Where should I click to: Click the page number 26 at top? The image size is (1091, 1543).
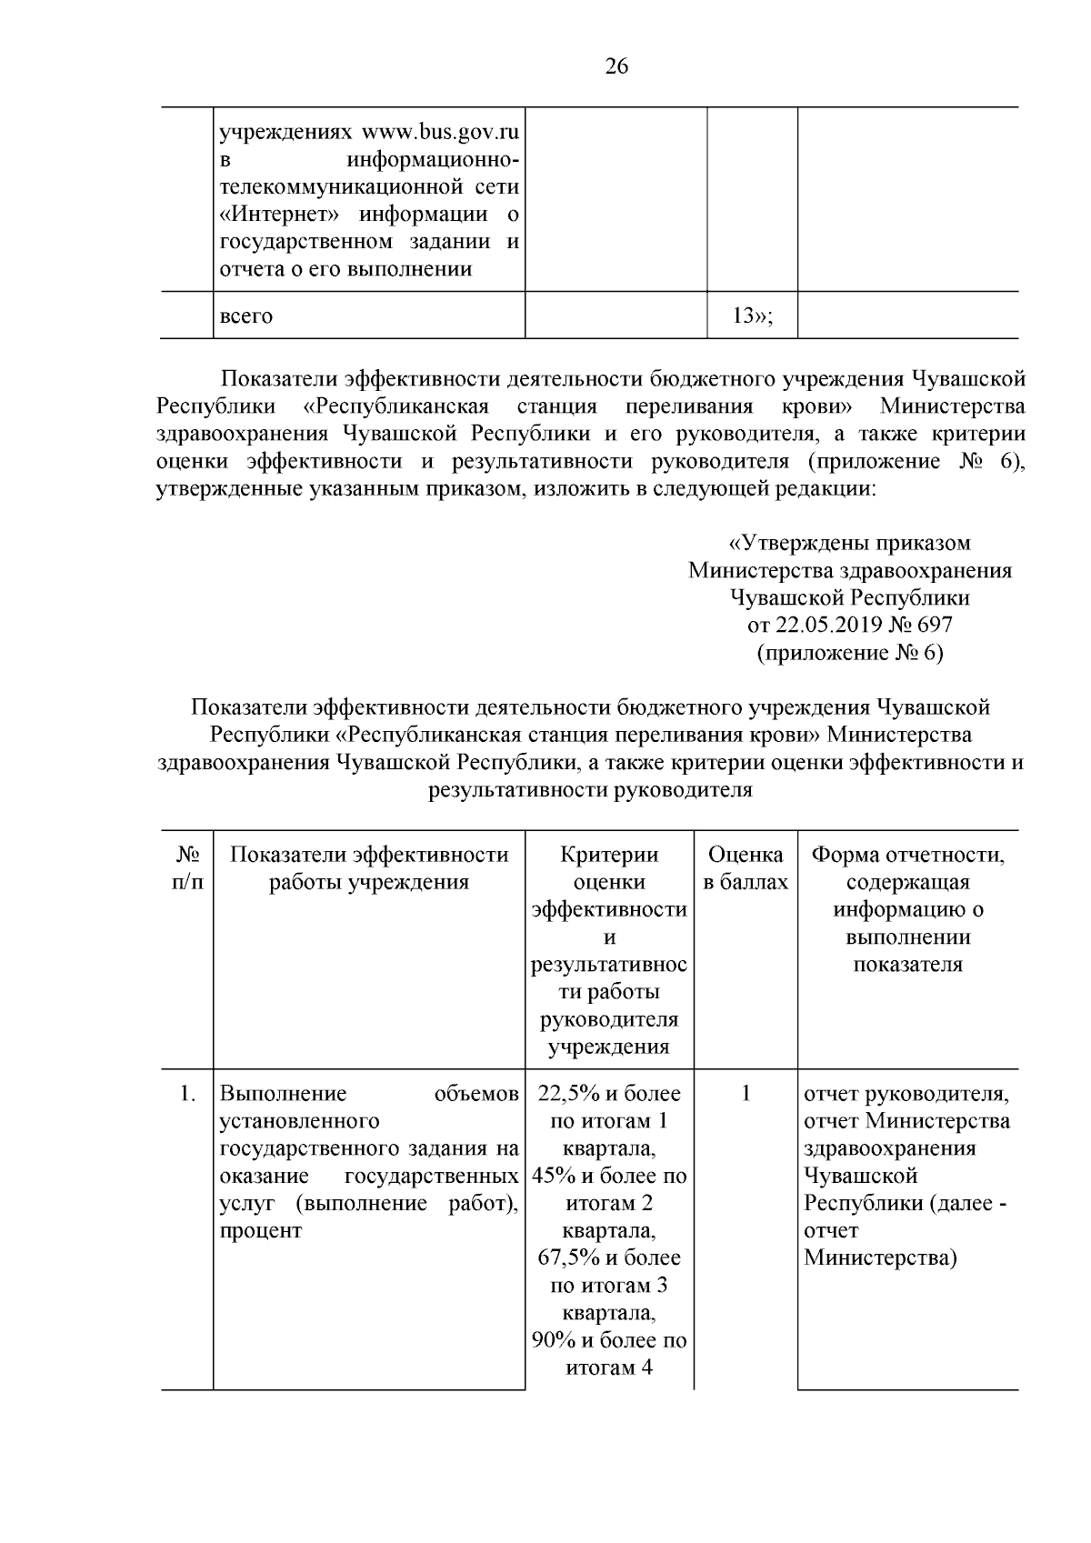616,67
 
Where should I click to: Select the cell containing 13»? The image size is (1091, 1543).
752,316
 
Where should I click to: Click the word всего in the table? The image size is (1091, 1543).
246,316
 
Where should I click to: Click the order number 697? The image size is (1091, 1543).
933,625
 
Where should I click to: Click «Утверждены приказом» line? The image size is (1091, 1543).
850,543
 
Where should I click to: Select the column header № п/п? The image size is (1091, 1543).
187,868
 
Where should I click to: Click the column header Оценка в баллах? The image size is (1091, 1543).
746,868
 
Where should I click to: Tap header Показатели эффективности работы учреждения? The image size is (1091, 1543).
368,868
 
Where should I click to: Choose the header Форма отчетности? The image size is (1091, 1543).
907,856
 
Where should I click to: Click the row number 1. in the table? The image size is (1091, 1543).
187,1094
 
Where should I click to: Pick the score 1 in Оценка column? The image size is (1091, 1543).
746,1094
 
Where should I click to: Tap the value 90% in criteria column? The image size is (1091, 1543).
553,1340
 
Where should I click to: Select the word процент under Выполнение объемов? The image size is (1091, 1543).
260,1231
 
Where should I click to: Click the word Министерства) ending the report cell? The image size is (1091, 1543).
879,1258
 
